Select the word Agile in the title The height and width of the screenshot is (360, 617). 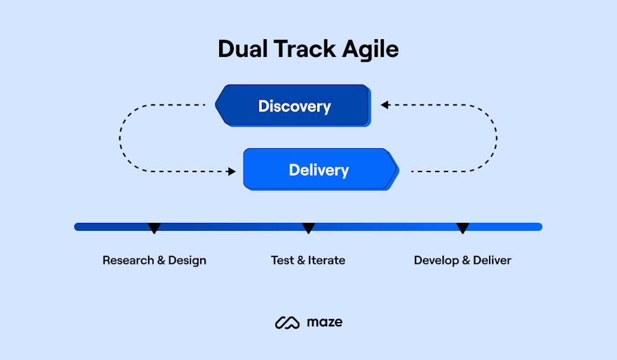[373, 50]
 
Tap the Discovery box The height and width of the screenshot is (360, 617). [294, 106]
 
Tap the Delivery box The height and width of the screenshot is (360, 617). [318, 170]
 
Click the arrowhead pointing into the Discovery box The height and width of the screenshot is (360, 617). [384, 105]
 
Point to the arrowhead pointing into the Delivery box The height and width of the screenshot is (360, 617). [232, 172]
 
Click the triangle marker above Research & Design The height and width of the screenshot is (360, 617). [154, 228]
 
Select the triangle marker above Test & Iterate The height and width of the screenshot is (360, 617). [308, 228]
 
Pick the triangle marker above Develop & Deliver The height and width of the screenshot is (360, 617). [463, 228]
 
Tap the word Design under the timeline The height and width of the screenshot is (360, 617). [187, 260]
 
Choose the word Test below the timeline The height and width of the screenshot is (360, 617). [282, 260]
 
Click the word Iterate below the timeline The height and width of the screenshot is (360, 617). [326, 260]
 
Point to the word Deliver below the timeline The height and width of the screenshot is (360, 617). [492, 260]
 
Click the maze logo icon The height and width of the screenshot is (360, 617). [286, 322]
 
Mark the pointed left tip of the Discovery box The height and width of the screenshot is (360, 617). [216, 105]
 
